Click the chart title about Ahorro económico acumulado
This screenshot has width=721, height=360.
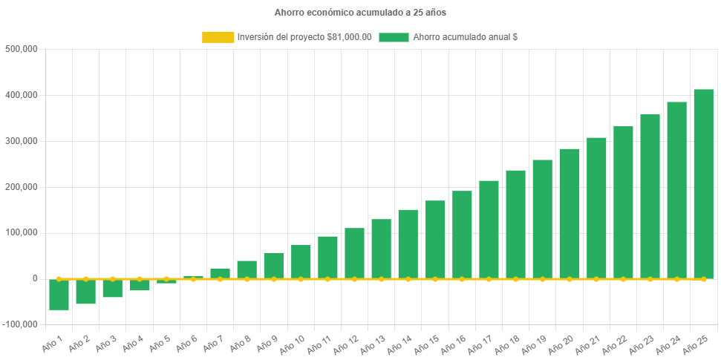point(360,12)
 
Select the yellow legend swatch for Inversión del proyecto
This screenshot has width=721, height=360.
point(218,37)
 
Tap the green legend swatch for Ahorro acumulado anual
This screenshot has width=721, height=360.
point(394,37)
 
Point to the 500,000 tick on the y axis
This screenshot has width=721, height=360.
point(21,49)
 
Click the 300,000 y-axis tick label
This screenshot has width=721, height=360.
point(21,141)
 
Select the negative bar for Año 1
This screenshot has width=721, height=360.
point(59,295)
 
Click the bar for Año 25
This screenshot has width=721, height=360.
point(703,184)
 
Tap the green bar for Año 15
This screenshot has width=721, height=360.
point(435,239)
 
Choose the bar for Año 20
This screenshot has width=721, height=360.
point(570,213)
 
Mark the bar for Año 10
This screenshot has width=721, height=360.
point(301,261)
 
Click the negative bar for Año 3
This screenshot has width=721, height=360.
point(113,288)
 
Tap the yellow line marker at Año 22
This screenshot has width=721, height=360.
point(623,279)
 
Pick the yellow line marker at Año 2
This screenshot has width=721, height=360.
point(86,279)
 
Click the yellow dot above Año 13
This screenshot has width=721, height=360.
point(382,279)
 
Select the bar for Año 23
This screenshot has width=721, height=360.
point(650,197)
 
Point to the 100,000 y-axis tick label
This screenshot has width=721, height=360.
point(21,232)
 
